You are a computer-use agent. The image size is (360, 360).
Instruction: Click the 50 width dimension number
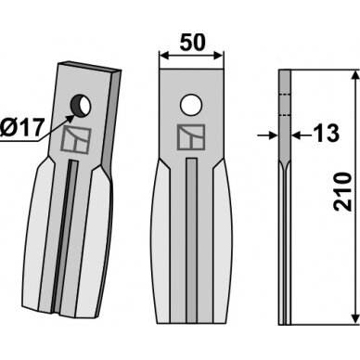click(x=192, y=43)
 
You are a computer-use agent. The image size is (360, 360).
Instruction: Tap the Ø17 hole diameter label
click(x=21, y=127)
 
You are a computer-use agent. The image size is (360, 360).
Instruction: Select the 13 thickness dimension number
click(x=326, y=134)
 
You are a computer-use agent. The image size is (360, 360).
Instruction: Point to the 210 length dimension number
click(x=343, y=192)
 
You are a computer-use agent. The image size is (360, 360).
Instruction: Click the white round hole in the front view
click(x=191, y=105)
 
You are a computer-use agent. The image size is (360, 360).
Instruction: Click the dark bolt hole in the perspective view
click(x=81, y=105)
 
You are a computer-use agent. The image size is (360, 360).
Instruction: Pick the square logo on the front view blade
click(x=191, y=137)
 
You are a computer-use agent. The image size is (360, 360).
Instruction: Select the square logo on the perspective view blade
click(x=76, y=140)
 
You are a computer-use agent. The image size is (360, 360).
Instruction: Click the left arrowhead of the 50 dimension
click(x=163, y=56)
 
